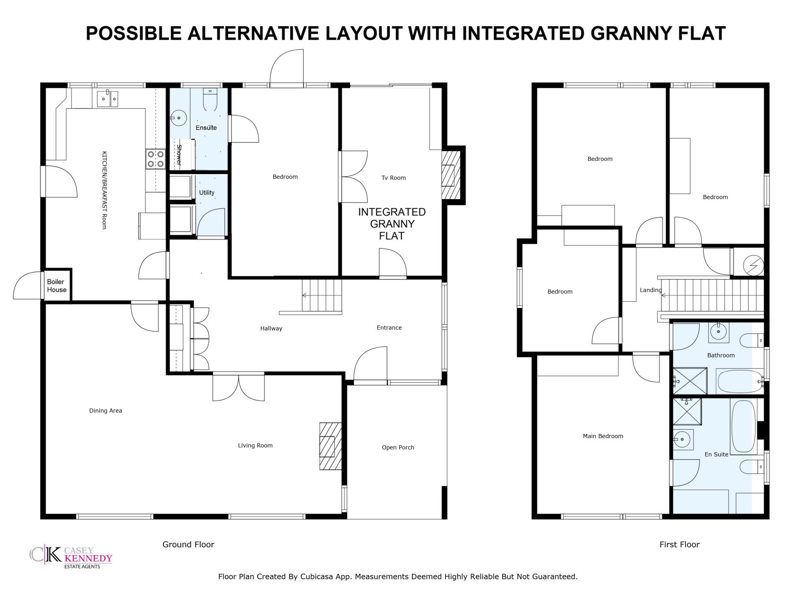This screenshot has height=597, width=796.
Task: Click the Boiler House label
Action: coord(57,286)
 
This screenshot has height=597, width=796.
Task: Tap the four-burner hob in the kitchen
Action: coord(155,159)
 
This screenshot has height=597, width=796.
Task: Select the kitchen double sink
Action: coord(107,99)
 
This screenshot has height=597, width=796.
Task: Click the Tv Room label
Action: coord(393,178)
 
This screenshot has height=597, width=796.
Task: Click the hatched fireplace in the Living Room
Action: coord(330,446)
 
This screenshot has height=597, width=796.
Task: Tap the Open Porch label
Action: coord(398,447)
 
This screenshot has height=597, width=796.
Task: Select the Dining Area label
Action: coord(106,410)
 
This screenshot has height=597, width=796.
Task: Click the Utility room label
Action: coord(207,192)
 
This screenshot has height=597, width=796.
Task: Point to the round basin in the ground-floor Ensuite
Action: coord(178,118)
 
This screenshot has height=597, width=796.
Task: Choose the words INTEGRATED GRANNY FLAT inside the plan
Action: coord(392,224)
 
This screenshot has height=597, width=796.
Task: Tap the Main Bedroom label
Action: coord(603,436)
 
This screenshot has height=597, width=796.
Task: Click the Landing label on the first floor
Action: coord(650,290)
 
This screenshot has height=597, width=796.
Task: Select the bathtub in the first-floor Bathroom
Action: coord(740,381)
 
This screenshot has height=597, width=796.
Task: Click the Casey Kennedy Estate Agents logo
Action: coord(71,557)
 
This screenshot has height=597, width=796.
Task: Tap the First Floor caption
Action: coord(680,544)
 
